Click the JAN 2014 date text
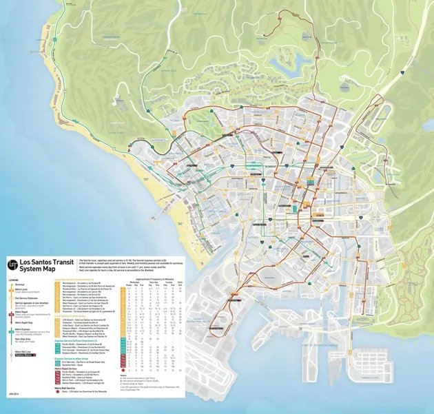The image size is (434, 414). (13, 393)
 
